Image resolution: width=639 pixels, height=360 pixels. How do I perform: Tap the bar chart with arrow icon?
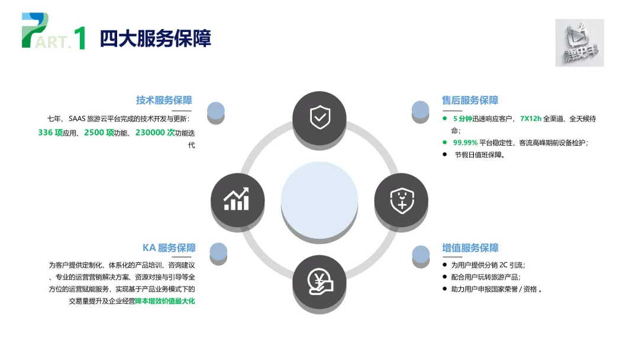(x=237, y=200)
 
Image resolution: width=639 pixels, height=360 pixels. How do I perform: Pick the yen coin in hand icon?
(x=319, y=282)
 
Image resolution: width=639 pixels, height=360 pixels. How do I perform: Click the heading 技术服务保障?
(x=164, y=100)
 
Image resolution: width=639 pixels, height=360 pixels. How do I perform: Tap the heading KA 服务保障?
(x=169, y=248)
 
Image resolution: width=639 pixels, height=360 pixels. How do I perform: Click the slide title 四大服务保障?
(x=155, y=38)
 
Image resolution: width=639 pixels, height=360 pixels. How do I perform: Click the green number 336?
(x=46, y=133)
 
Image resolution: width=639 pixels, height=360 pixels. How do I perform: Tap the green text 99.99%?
(x=465, y=143)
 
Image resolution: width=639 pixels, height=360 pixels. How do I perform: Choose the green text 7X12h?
(x=530, y=118)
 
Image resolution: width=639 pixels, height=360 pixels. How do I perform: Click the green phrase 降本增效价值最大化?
(x=165, y=301)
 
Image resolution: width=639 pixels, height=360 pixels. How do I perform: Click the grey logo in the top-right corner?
(x=579, y=43)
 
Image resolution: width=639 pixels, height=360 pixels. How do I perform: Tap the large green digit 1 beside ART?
(x=80, y=38)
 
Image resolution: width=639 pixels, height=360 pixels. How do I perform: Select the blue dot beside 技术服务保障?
(x=216, y=111)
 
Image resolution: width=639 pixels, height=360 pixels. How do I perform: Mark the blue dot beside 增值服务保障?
(x=421, y=254)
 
